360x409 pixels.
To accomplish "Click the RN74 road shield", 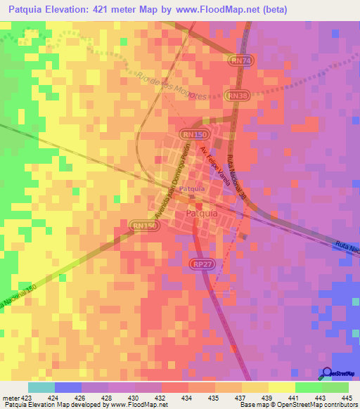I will pos(240,61).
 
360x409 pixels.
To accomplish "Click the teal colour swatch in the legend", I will pos(41,387).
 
